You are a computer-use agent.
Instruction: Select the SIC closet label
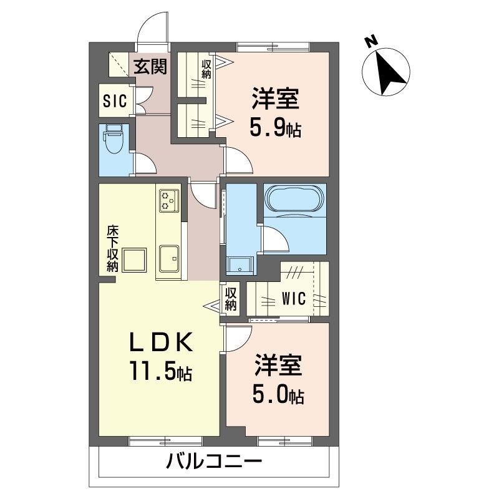tap(115, 100)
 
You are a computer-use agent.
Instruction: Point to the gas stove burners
tap(169, 200)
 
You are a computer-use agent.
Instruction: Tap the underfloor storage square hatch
tap(135, 259)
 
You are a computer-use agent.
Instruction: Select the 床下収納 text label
tap(112, 248)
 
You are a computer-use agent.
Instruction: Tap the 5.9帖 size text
tap(276, 128)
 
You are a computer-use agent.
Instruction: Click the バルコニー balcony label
tap(213, 463)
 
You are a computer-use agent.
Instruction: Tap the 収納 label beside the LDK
tap(231, 298)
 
